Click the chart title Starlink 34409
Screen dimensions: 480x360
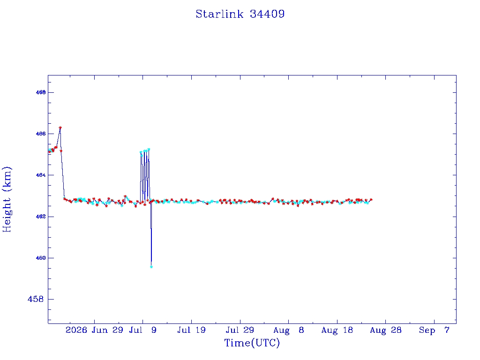(240, 14)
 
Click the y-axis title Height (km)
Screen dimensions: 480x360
(7, 200)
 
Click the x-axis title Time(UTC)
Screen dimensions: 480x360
(252, 343)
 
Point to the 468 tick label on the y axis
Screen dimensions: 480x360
(41, 92)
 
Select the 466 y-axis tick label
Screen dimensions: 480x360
(41, 134)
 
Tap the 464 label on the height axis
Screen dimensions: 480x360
(41, 175)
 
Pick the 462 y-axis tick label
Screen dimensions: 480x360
(41, 217)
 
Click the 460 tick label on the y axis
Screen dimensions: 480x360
(41, 258)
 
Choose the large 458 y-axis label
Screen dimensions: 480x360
(36, 299)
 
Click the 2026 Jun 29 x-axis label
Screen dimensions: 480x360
(94, 330)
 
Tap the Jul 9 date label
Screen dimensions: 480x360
(142, 330)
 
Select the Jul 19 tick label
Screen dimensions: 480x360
(191, 330)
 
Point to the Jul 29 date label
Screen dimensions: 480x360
(240, 330)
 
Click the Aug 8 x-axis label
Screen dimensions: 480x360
(289, 330)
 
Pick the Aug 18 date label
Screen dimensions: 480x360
(337, 330)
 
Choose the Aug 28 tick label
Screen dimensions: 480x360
(386, 330)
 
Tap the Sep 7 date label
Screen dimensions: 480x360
(434, 330)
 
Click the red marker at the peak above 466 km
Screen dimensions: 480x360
(60, 127)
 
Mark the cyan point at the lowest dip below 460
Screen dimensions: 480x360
(151, 267)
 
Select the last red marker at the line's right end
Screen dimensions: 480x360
(371, 200)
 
